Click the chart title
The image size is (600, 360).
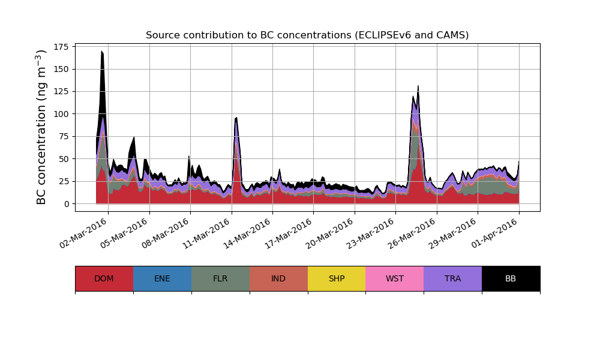click(x=307, y=35)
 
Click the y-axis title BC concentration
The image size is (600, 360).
click(x=41, y=127)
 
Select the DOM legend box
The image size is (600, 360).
click(x=104, y=278)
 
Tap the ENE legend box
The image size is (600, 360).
click(x=162, y=278)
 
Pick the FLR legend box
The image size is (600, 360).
click(x=220, y=278)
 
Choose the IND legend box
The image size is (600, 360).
click(x=278, y=278)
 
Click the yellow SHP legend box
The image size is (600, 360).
click(x=337, y=278)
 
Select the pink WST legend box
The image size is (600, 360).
click(x=395, y=278)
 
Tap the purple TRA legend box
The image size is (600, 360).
click(x=453, y=278)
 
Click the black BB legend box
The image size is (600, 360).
click(x=511, y=278)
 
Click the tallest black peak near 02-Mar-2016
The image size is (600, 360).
click(x=102, y=52)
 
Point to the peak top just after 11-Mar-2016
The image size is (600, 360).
click(x=236, y=118)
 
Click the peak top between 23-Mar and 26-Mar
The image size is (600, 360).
click(x=418, y=86)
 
